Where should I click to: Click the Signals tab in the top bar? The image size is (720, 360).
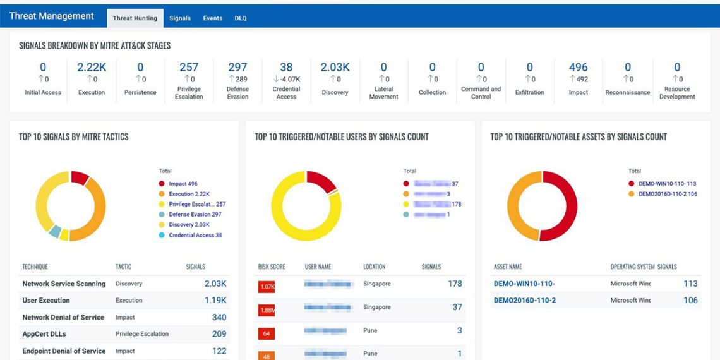point(180,18)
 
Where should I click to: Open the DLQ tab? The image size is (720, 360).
point(241,18)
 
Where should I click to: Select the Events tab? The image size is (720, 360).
point(212,18)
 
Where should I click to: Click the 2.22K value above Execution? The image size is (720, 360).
point(92,67)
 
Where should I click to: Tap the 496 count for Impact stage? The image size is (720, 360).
point(578,67)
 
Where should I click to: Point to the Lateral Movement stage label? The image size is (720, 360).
point(383,93)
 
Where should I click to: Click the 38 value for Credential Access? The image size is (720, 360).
point(286,67)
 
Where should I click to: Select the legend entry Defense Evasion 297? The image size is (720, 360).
point(195,215)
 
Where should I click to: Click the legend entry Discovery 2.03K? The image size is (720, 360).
point(189,225)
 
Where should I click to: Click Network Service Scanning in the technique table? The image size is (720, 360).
point(64,284)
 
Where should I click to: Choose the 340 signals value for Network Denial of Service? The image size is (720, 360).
point(219,318)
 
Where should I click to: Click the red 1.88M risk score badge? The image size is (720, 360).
point(267,310)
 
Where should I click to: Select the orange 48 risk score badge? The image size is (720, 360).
point(267,355)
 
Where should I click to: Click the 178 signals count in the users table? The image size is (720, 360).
point(455,284)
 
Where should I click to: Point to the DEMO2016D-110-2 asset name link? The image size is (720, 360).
point(525,301)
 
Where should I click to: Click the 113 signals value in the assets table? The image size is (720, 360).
point(690,284)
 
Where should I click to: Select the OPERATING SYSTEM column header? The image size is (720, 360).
point(632,267)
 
